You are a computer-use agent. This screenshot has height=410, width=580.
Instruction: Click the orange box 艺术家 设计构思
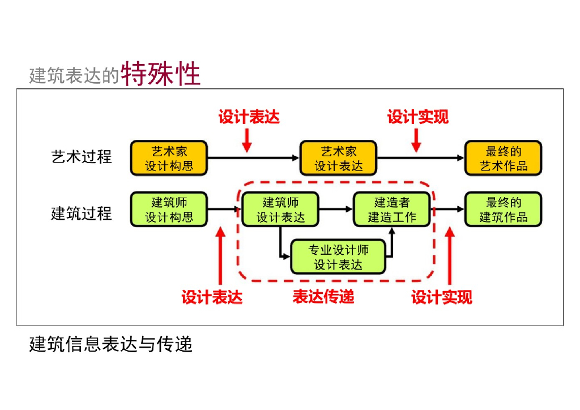click(x=169, y=159)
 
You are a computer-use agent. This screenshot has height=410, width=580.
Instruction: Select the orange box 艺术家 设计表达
click(x=339, y=159)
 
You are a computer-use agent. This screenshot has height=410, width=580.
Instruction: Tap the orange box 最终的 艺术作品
click(x=503, y=159)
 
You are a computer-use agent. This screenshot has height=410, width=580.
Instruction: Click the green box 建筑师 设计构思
click(x=169, y=210)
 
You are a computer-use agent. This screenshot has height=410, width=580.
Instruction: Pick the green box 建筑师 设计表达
click(x=280, y=210)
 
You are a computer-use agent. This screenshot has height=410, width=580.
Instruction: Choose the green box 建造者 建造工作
click(x=391, y=210)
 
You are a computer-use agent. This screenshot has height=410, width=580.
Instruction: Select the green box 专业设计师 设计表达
click(x=338, y=257)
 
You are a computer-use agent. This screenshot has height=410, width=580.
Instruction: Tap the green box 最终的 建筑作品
click(x=503, y=210)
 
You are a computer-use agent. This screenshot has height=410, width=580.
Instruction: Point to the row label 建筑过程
click(x=82, y=214)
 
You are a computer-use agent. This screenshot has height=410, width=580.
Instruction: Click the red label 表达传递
click(x=323, y=296)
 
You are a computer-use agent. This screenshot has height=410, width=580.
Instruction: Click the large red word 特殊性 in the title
click(x=161, y=74)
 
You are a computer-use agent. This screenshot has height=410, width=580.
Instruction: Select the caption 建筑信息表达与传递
click(x=111, y=344)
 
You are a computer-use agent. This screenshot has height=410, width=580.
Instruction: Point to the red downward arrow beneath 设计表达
click(x=246, y=139)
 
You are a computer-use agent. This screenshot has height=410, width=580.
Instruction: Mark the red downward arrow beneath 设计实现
click(x=416, y=139)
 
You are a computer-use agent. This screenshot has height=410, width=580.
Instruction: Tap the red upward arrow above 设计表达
click(x=221, y=255)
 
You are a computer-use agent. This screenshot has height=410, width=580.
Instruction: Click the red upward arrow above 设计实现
click(x=449, y=255)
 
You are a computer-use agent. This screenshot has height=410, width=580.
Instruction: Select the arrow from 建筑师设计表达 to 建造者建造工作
click(x=336, y=210)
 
